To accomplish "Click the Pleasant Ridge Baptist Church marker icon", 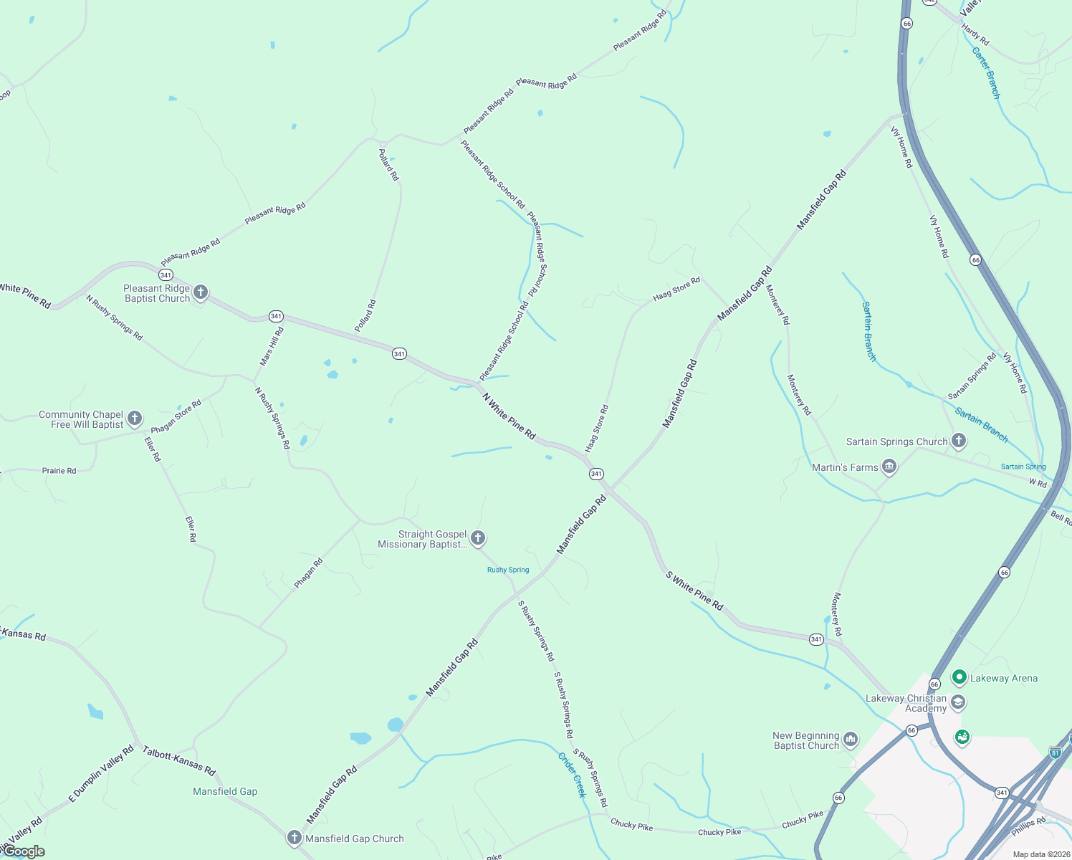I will pyautogui.click(x=201, y=292).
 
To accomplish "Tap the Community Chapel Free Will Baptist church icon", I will pyautogui.click(x=135, y=419).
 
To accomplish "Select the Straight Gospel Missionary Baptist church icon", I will pyautogui.click(x=478, y=538).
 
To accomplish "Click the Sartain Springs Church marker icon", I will pyautogui.click(x=959, y=441).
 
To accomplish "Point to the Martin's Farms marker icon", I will pyautogui.click(x=889, y=467).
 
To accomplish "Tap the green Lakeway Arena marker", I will pyautogui.click(x=959, y=677).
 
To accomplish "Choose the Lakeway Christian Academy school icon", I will pyautogui.click(x=958, y=702).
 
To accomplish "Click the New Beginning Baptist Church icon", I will pyautogui.click(x=851, y=740).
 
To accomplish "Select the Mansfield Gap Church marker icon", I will pyautogui.click(x=294, y=837).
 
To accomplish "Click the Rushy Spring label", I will pyautogui.click(x=508, y=570).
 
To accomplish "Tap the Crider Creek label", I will pyautogui.click(x=572, y=775).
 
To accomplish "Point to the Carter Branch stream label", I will pyautogui.click(x=986, y=72).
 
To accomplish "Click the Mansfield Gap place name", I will pyautogui.click(x=225, y=791).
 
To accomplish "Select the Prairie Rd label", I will pyautogui.click(x=59, y=471).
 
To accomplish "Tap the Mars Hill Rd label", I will pyautogui.click(x=272, y=347).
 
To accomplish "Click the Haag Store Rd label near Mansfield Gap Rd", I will pyautogui.click(x=676, y=290).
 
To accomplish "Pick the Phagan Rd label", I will pyautogui.click(x=309, y=573).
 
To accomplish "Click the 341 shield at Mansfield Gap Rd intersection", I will pyautogui.click(x=596, y=474).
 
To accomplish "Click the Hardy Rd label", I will pyautogui.click(x=975, y=34).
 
